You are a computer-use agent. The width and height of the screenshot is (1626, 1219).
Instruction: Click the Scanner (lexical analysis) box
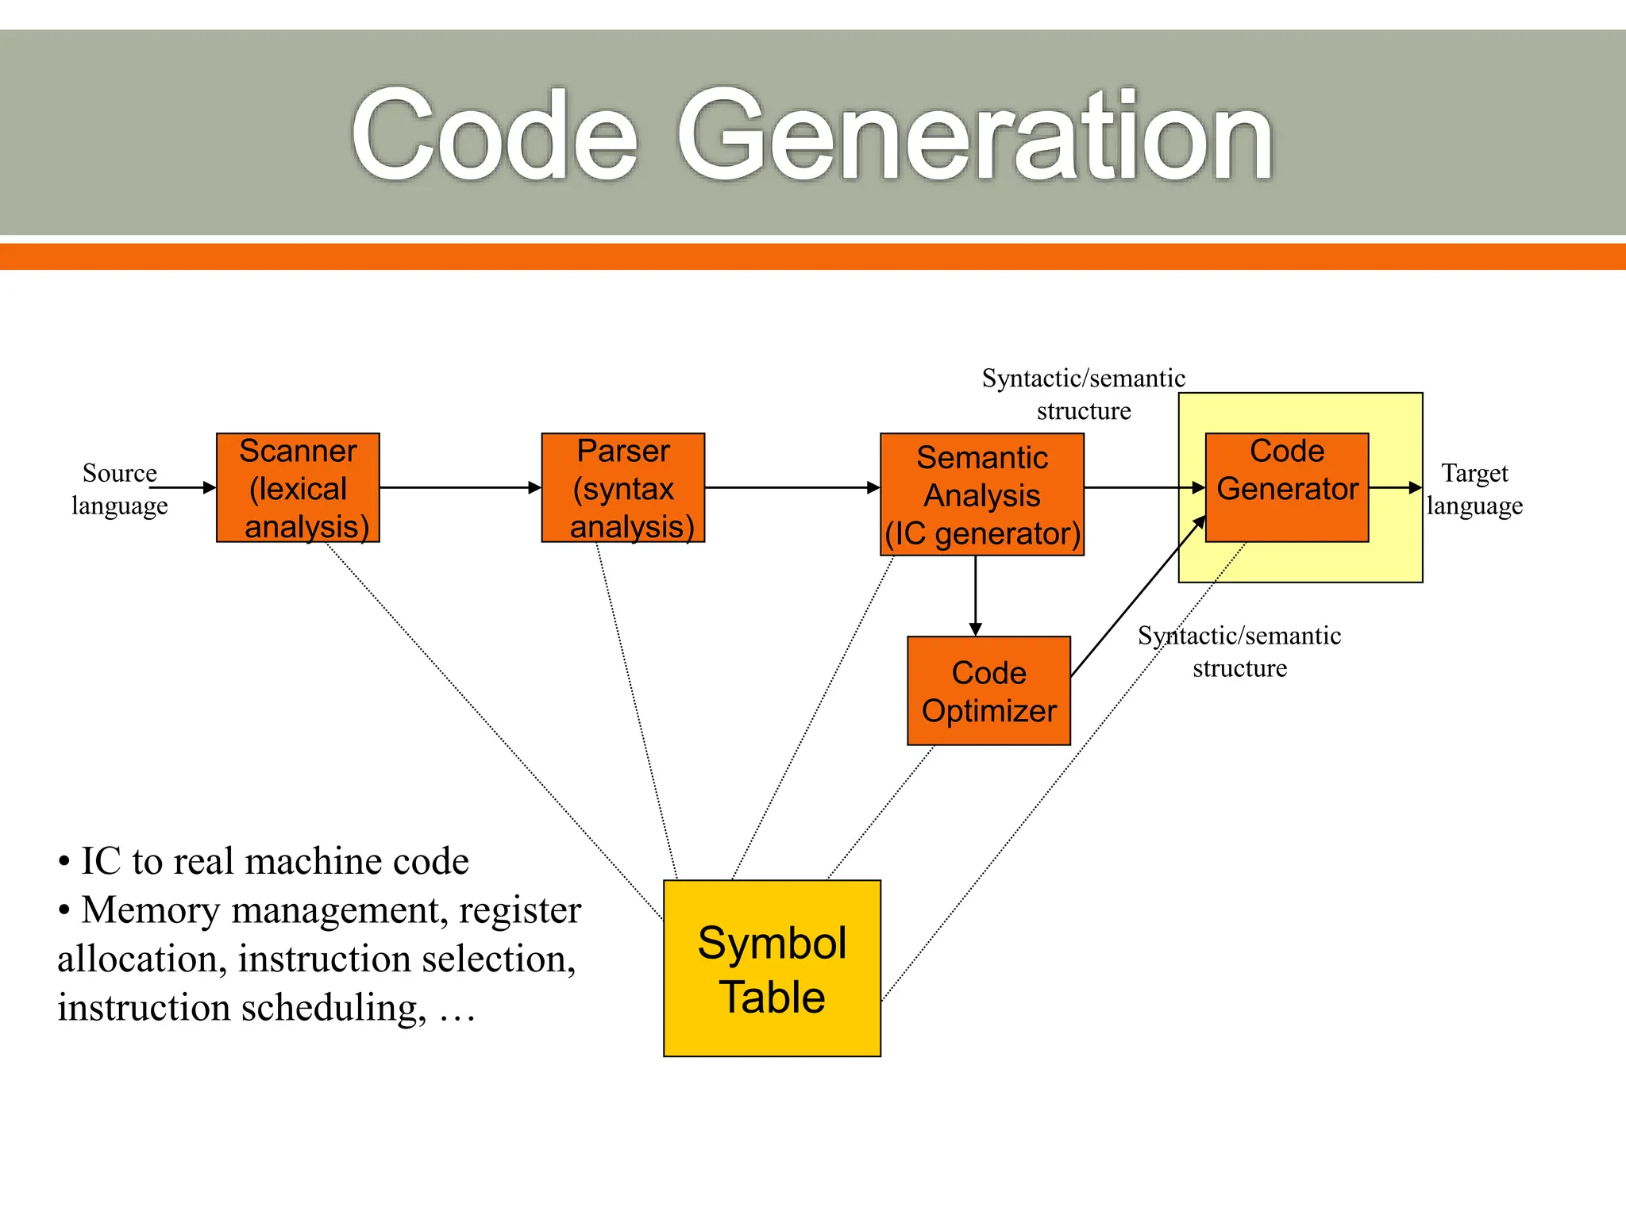coord(298,487)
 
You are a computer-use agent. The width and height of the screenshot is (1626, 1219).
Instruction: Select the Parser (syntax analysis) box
coord(622,487)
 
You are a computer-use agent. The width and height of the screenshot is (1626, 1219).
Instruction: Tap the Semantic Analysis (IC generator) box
coord(981,494)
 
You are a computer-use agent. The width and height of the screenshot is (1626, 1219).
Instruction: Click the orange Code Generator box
coord(1286,486)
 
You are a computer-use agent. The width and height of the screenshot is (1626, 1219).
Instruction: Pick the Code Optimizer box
coord(988,690)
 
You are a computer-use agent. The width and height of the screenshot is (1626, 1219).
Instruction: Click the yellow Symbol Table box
coord(772,968)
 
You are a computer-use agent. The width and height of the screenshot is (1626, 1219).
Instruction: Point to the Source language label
coord(120,489)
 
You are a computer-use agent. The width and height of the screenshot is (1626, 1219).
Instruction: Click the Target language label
coord(1474,489)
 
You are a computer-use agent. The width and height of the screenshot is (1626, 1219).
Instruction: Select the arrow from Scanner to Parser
coord(460,487)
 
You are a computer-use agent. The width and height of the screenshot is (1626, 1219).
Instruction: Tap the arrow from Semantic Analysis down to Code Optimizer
coord(976,595)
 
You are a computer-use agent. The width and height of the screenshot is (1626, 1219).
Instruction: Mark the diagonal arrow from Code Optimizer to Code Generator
coord(1137,597)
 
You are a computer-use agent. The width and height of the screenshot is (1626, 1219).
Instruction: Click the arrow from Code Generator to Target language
coord(1395,487)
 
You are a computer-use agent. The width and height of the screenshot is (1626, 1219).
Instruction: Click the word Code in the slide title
coord(494,137)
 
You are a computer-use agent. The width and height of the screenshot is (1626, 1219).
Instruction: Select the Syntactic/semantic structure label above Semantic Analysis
coord(1083,394)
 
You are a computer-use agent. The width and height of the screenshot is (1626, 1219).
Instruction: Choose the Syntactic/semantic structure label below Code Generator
coord(1239,652)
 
